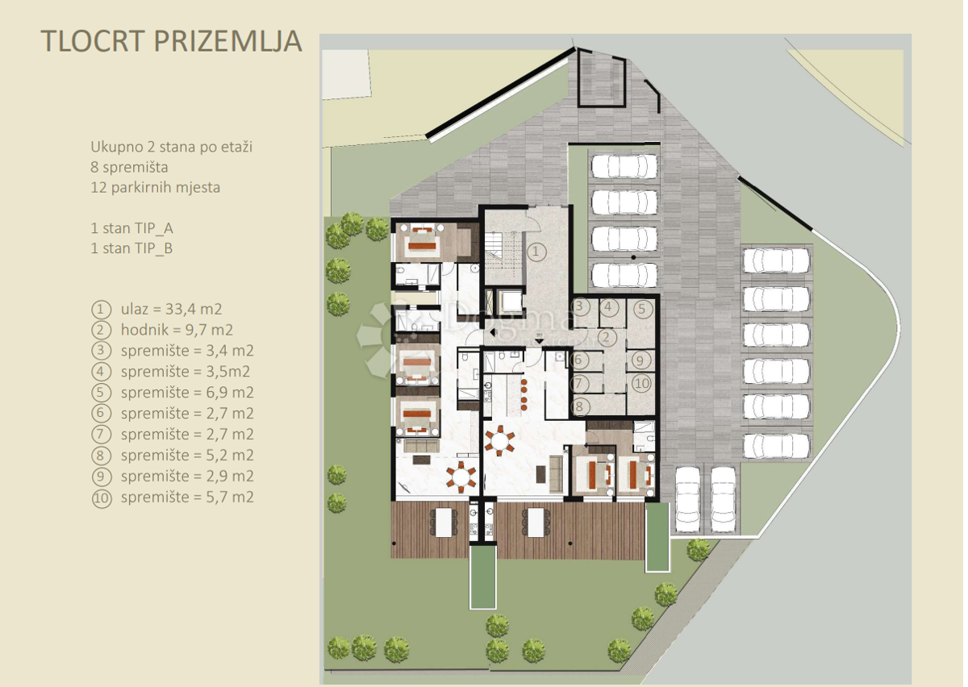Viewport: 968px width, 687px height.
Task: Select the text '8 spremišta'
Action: tap(129, 168)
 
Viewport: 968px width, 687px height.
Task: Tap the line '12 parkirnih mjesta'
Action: tap(155, 188)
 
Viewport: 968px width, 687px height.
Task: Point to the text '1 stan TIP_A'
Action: tap(131, 228)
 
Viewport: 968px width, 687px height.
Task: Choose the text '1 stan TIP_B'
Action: tap(131, 248)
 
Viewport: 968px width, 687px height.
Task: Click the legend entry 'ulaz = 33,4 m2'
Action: tap(171, 309)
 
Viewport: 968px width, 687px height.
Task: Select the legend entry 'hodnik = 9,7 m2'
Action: tap(177, 330)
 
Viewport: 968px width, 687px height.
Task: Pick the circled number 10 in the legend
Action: tap(101, 498)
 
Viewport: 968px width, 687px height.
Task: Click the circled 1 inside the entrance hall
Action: tap(536, 252)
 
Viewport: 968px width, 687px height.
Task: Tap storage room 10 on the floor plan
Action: tap(640, 383)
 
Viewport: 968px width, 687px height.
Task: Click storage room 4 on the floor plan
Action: tap(609, 307)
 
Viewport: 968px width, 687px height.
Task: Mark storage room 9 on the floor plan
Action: tap(640, 360)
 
